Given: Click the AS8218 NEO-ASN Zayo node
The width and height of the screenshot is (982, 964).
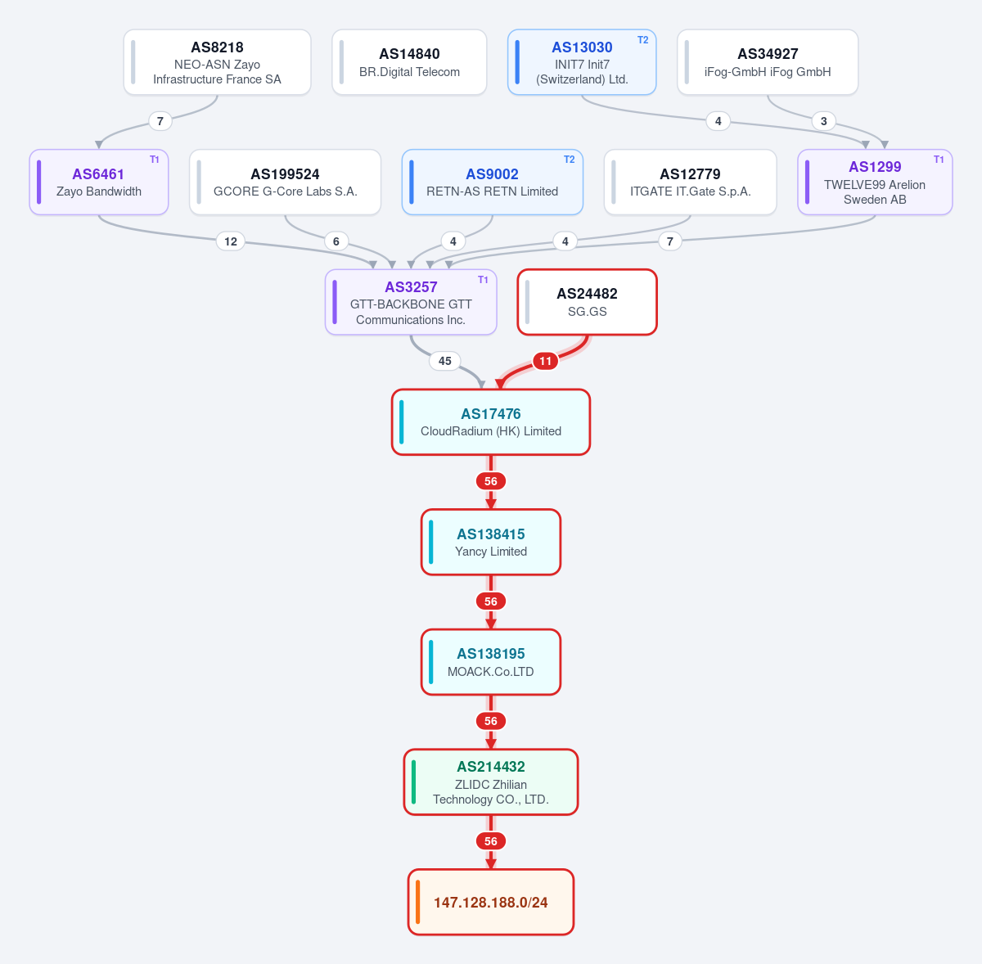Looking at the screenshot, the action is click(217, 62).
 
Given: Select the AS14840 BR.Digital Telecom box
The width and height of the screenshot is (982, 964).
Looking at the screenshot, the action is click(409, 62).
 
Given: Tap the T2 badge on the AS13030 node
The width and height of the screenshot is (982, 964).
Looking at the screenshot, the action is click(642, 40).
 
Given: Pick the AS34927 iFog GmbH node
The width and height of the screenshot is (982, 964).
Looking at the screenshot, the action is click(768, 62).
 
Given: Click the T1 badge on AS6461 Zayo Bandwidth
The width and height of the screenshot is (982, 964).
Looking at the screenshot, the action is click(155, 160).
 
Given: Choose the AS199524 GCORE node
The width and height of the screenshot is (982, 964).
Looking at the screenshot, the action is click(285, 182).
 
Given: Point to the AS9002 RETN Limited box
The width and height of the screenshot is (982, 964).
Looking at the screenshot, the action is click(493, 182).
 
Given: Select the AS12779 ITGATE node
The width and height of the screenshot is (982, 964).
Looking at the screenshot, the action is click(690, 182).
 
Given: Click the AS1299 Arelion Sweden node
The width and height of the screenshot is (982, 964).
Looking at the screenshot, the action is click(875, 182).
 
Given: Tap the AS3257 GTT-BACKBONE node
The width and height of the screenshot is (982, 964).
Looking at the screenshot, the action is click(411, 302).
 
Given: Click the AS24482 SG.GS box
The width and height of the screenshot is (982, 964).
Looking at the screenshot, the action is click(587, 302).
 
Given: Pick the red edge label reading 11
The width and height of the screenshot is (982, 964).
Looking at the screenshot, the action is click(545, 361).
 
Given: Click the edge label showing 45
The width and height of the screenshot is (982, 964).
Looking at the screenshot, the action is click(445, 361).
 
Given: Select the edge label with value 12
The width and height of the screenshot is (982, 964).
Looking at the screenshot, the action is click(230, 241).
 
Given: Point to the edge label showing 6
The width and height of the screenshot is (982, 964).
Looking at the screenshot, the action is click(336, 241).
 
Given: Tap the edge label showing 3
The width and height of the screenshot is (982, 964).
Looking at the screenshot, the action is click(823, 121).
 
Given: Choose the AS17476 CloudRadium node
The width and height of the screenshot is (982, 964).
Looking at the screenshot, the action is click(491, 422).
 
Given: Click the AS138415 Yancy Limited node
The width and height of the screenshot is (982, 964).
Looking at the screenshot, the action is click(491, 542).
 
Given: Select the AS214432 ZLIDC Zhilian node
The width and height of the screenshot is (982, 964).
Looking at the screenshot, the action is click(491, 782).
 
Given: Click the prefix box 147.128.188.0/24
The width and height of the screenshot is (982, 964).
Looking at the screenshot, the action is click(491, 903).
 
